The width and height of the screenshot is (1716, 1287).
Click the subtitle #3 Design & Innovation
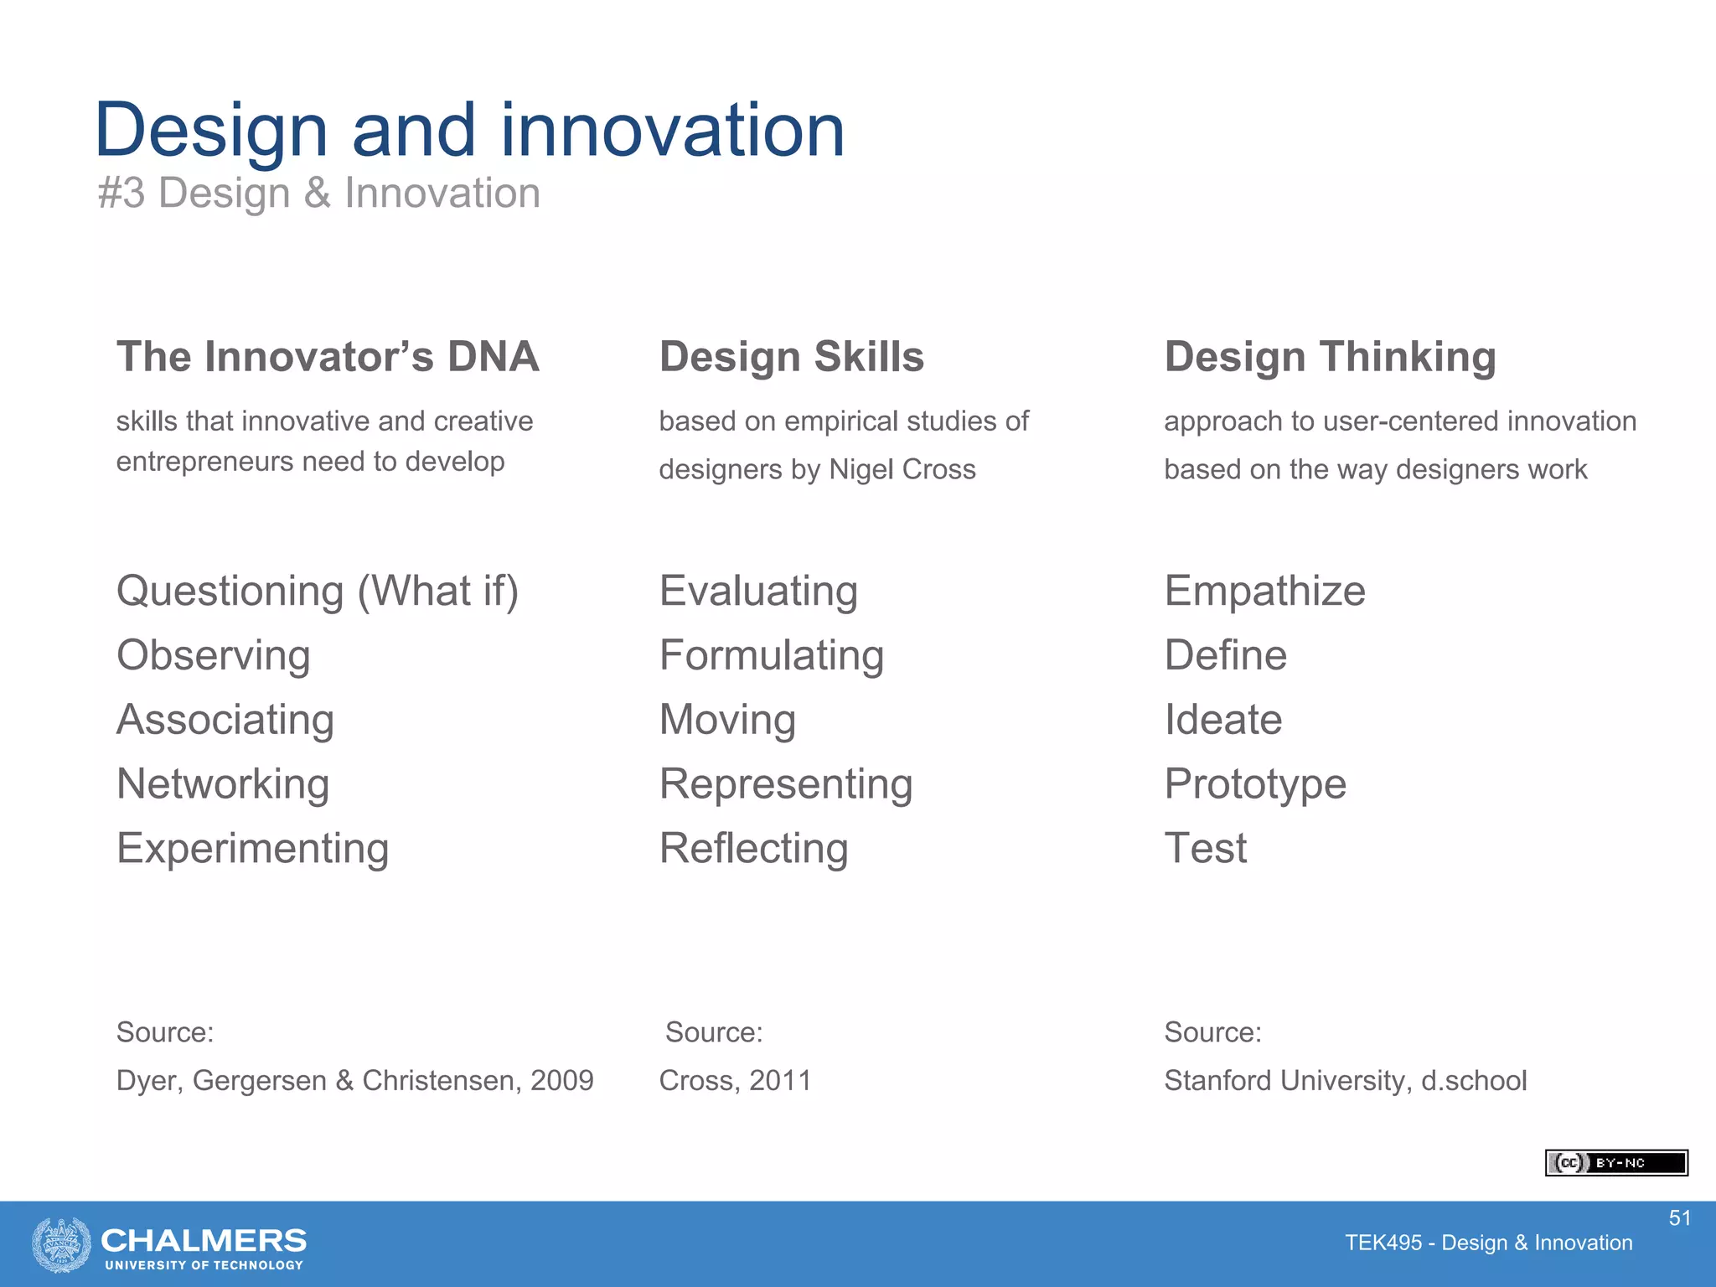(x=318, y=194)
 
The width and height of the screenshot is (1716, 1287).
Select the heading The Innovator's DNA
(x=328, y=357)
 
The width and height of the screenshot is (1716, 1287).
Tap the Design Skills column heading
(x=791, y=357)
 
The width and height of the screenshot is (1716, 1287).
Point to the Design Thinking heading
(x=1330, y=357)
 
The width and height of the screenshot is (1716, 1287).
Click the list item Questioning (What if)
(x=318, y=592)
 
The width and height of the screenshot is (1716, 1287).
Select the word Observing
(x=213, y=655)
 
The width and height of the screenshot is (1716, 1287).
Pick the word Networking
(x=223, y=784)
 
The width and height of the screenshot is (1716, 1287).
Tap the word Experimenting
(x=252, y=849)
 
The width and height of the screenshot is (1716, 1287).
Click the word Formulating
(x=771, y=655)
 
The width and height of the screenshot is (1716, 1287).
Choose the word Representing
(x=785, y=784)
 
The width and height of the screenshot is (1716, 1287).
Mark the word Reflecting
(x=753, y=849)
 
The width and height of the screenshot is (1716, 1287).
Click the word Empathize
(x=1264, y=592)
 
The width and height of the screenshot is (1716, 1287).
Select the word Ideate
(x=1222, y=720)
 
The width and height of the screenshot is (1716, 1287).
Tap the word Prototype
(x=1254, y=784)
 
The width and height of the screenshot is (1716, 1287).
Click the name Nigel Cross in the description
(x=902, y=469)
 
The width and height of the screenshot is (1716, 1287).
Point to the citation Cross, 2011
(x=735, y=1081)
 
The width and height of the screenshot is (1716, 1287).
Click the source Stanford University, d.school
(x=1345, y=1081)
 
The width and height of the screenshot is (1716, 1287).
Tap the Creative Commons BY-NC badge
(x=1615, y=1163)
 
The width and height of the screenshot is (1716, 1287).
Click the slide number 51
(x=1679, y=1218)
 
